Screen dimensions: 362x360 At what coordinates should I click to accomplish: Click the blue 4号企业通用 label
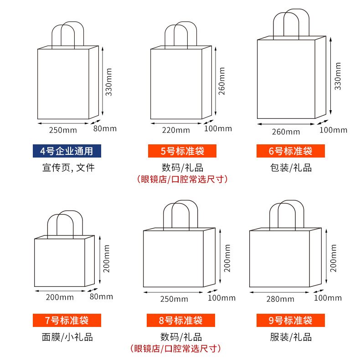66,151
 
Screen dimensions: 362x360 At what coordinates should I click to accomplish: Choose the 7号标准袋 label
66,320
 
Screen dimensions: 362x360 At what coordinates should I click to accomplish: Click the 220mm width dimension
176,130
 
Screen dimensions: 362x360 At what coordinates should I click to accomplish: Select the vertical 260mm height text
222,81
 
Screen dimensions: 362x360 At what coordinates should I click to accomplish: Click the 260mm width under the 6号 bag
286,132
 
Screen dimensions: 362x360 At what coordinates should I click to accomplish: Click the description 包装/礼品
290,168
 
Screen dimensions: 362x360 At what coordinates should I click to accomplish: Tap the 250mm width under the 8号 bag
174,299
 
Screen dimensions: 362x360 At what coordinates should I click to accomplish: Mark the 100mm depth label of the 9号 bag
328,298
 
